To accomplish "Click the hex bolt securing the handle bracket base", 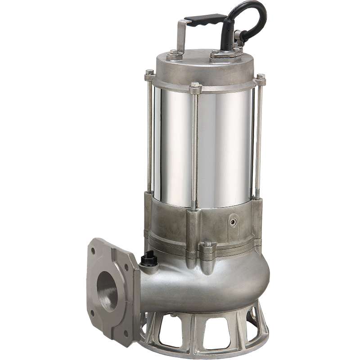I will [x=175, y=56].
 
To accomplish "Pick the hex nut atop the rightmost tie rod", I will [x=260, y=79].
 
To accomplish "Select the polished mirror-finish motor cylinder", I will [x=216, y=144].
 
